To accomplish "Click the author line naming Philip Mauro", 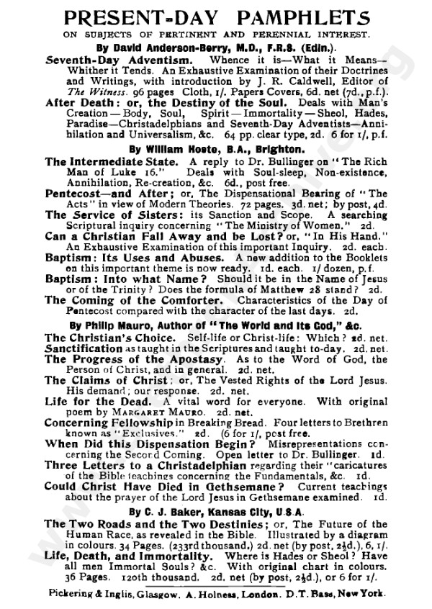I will click(x=216, y=326).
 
